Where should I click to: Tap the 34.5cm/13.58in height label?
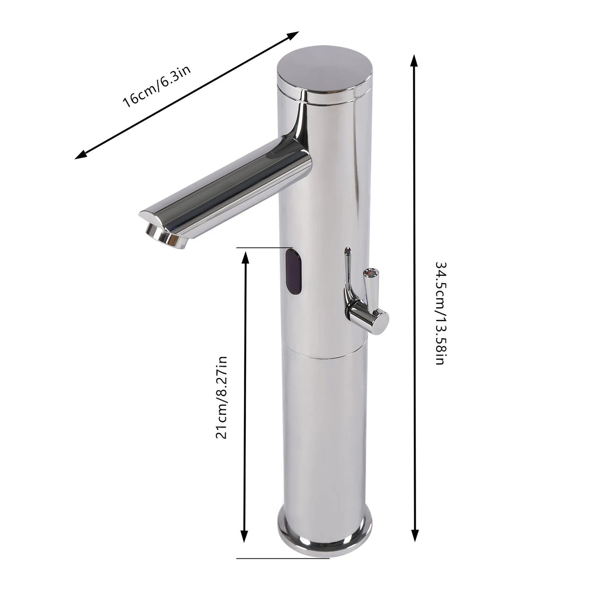pos(439,313)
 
